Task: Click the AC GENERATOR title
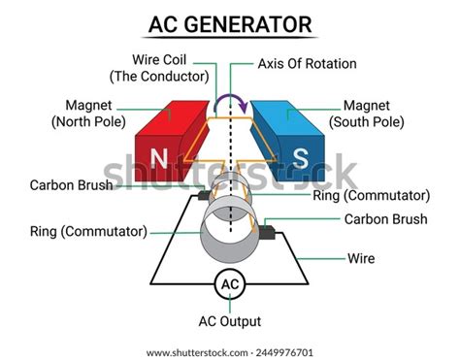230,22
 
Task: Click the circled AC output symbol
229,284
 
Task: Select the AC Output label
229,320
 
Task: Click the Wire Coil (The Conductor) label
161,67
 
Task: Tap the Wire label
361,259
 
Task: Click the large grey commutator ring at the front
229,233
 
